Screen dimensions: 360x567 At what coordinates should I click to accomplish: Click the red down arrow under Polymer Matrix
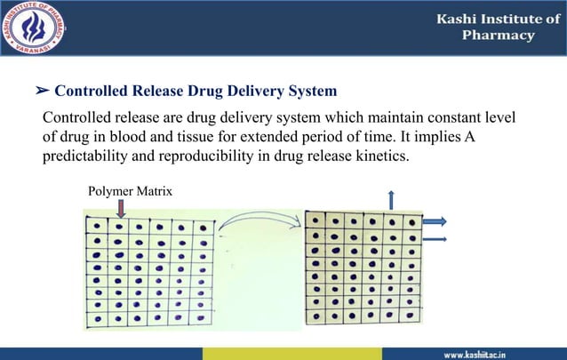pos(121,207)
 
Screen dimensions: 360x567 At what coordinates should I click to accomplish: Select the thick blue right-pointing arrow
pos(434,221)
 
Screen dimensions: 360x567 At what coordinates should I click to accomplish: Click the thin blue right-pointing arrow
pos(434,239)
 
